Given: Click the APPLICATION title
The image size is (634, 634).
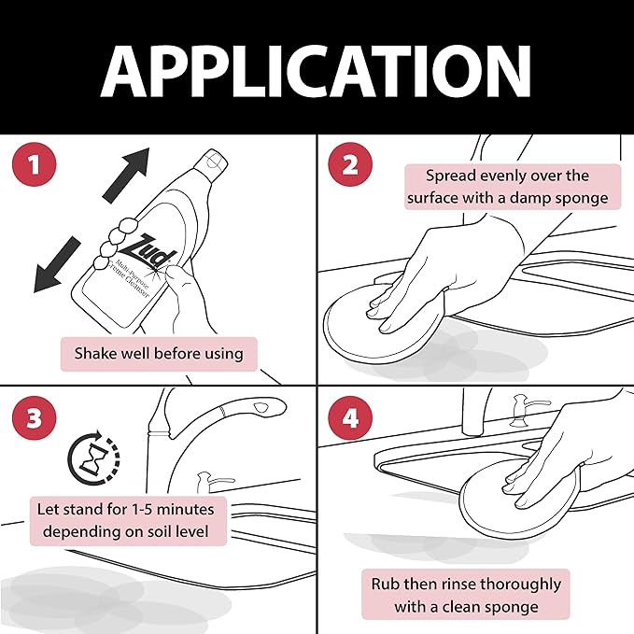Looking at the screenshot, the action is (316, 71).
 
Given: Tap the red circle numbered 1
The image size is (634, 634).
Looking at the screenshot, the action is (34, 164).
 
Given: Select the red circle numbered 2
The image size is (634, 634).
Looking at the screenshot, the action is (350, 164).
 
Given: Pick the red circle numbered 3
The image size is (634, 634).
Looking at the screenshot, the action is (34, 417).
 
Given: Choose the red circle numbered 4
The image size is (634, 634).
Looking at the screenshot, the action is (350, 417).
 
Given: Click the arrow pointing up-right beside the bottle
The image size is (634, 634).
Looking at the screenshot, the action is (126, 175).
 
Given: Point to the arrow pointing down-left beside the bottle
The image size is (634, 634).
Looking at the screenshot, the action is (57, 264).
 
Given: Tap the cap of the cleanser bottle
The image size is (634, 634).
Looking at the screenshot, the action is (211, 163).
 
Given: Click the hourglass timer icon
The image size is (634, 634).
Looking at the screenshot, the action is (93, 458).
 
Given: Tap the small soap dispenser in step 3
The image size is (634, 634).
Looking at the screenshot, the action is (210, 481).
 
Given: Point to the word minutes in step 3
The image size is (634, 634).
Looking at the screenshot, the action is (185, 510).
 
